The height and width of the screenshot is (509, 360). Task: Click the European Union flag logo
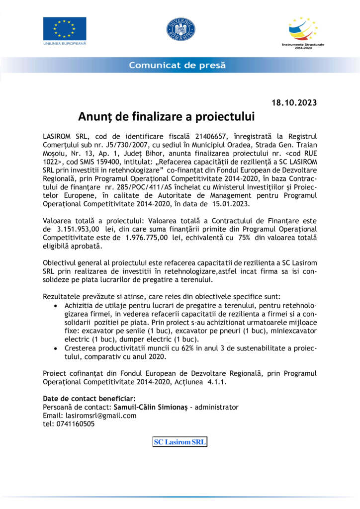click(x=64, y=29)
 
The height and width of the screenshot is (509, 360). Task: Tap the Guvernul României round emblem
click(x=180, y=29)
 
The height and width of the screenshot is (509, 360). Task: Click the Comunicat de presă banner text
click(x=177, y=65)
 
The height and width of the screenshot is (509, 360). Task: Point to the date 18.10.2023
click(x=294, y=103)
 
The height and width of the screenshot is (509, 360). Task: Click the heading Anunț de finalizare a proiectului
click(x=166, y=117)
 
